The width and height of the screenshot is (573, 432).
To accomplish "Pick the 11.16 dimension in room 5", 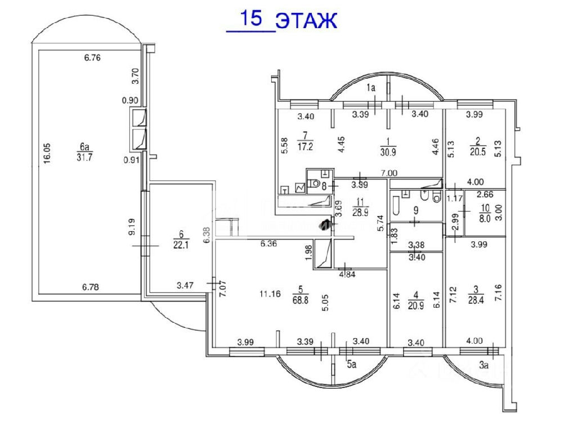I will click(270, 292).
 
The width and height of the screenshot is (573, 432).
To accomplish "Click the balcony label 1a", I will click(370, 87).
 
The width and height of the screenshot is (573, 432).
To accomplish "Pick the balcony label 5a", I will click(351, 364).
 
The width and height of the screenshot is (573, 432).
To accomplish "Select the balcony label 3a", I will click(483, 364).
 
